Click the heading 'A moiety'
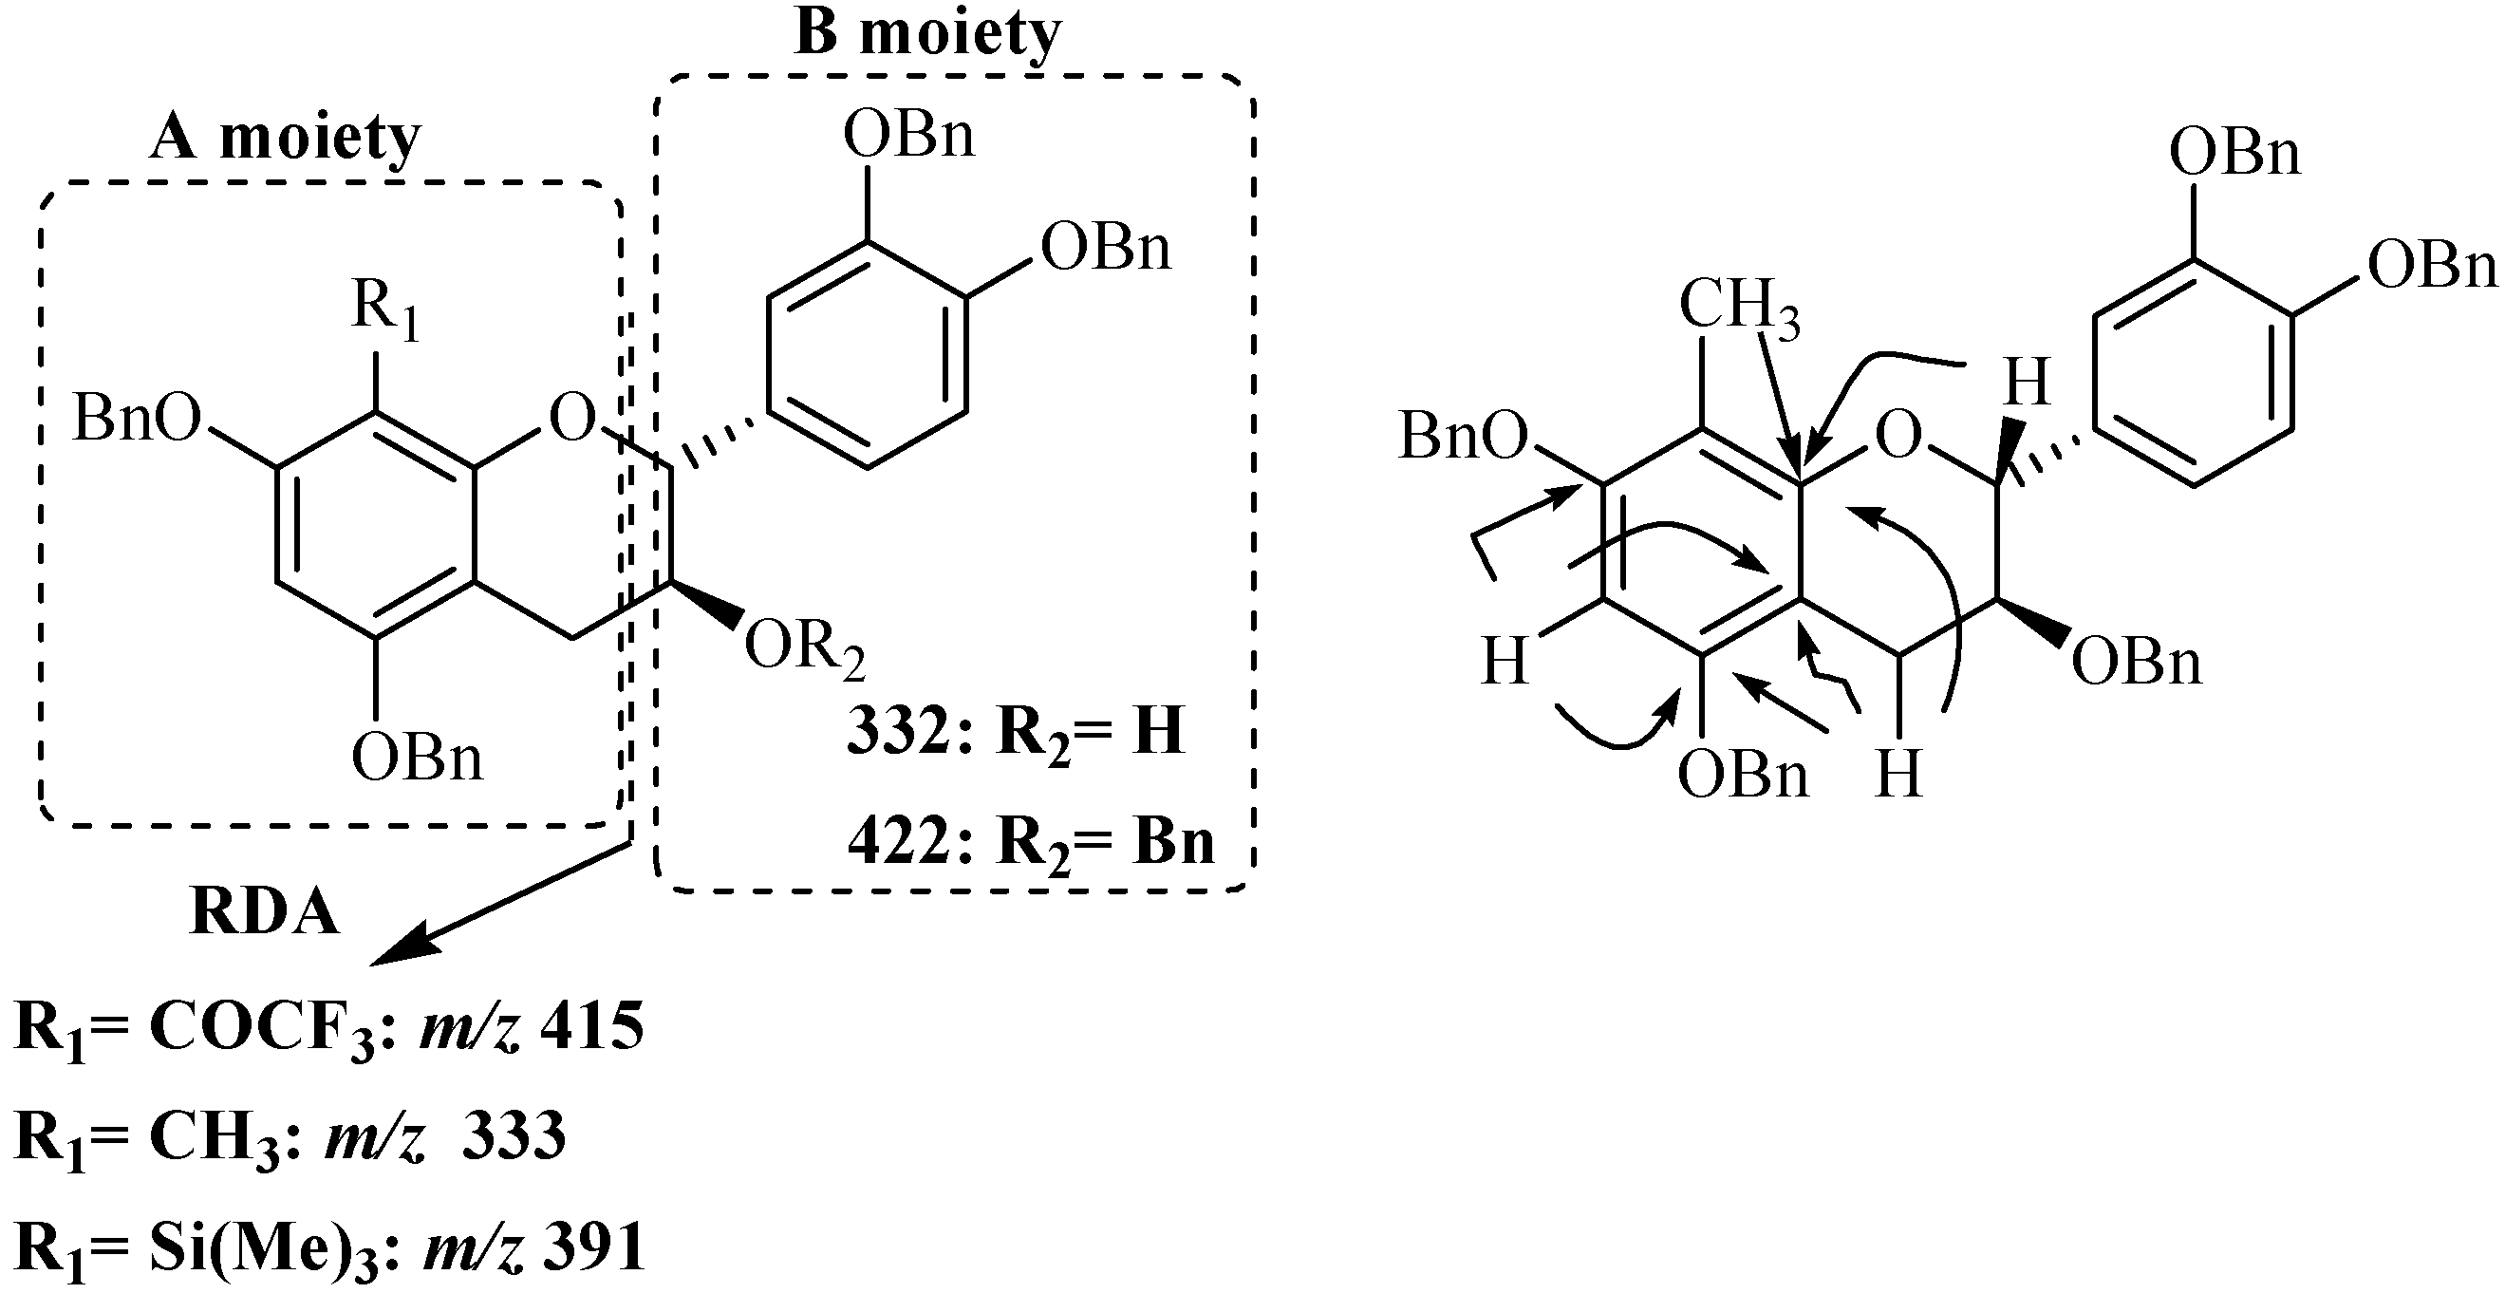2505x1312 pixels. pos(285,139)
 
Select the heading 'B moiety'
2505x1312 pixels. pos(927,35)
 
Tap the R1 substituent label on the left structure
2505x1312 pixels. pos(385,309)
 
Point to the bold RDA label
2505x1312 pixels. pos(265,915)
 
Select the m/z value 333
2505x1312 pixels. pos(514,1135)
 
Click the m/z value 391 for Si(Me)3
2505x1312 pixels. pos(594,1246)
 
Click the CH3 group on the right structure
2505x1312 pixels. pos(1739,307)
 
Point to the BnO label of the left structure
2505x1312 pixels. pos(136,421)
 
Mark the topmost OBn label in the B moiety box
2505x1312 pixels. pos(908,135)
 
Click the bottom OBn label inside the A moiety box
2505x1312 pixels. pos(417,758)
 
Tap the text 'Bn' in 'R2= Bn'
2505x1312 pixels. pos(1172,841)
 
